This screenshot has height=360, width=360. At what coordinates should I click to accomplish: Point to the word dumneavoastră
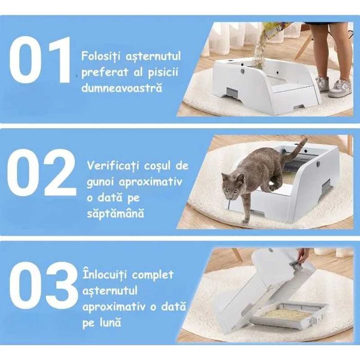[x=121, y=88]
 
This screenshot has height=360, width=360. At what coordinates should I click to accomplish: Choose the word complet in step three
[x=154, y=275]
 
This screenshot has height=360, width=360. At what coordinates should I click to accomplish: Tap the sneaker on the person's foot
[x=340, y=88]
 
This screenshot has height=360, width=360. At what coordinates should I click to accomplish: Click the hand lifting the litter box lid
[x=303, y=254]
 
